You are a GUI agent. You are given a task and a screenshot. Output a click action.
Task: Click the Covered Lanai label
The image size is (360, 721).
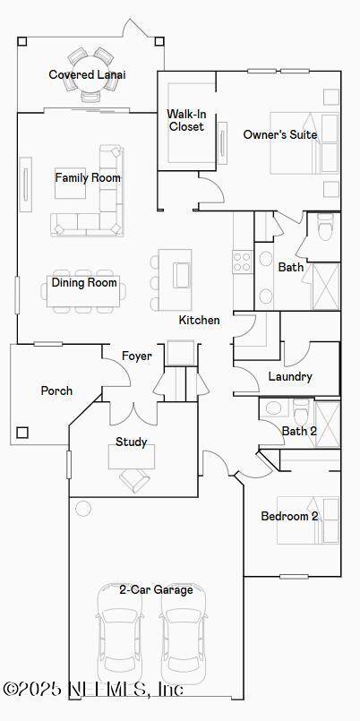88,74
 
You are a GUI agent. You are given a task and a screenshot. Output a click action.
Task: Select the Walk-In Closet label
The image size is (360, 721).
185,120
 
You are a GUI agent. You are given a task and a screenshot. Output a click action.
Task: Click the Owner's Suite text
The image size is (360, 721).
280,134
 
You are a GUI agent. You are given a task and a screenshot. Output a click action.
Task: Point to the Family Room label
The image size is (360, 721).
88,177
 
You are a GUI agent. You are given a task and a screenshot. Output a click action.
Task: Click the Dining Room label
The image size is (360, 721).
84,282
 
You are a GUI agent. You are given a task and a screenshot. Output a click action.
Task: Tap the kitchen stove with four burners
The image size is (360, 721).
243,262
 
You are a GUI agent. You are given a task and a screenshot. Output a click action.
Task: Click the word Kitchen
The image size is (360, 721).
199,320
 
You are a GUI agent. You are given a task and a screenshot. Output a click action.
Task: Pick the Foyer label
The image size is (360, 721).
136,356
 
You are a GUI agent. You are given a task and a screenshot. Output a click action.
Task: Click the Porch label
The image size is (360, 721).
56,391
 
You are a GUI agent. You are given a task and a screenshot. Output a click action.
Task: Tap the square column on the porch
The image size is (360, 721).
22,433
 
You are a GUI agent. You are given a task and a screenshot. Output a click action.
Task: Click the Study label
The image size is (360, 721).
132,442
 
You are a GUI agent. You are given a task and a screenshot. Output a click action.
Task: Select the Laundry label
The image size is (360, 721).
290,376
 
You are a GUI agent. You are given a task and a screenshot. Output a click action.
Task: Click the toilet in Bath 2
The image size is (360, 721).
302,411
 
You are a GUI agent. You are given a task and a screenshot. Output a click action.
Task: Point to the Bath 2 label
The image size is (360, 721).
299,432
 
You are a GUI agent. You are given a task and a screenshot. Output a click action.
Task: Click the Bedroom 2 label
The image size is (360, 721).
289,516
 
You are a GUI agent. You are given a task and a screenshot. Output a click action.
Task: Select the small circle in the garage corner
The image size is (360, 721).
83,508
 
